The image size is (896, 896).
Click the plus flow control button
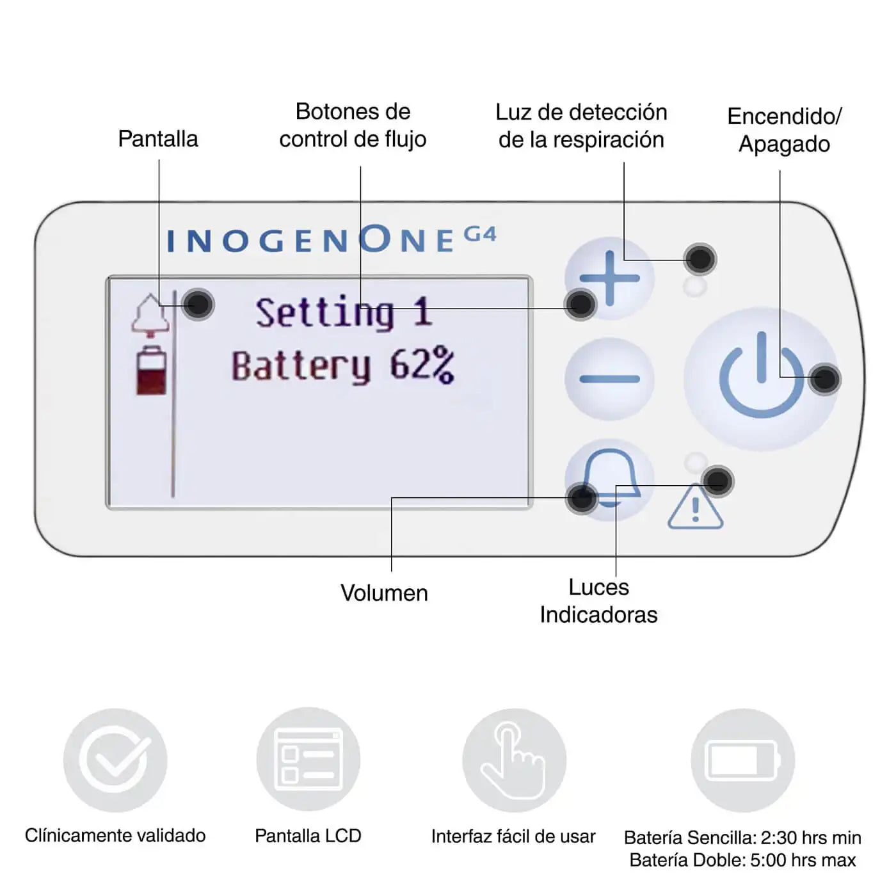[x=609, y=278]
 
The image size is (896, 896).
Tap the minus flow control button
[x=609, y=379]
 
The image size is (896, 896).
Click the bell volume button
[x=610, y=477]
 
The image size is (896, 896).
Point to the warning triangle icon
[x=695, y=508]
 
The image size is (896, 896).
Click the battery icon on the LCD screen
[x=152, y=371]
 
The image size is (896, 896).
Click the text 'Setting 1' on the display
[x=344, y=313]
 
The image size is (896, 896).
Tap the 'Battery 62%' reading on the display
[x=343, y=366]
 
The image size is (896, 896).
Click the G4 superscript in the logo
[x=479, y=234]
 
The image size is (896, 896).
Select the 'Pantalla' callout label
[x=158, y=139]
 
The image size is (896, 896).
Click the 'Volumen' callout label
[x=384, y=593]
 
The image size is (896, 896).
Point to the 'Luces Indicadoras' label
[x=598, y=601]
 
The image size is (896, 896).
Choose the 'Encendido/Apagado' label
[x=784, y=130]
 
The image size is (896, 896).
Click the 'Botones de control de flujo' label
[x=353, y=125]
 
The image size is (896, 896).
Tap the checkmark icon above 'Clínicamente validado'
[x=115, y=760]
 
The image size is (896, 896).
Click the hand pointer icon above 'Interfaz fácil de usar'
[x=514, y=760]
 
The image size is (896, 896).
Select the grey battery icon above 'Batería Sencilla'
[x=742, y=760]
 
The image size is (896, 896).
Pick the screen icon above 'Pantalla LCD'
[x=308, y=760]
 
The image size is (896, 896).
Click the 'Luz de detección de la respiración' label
[x=581, y=126]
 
